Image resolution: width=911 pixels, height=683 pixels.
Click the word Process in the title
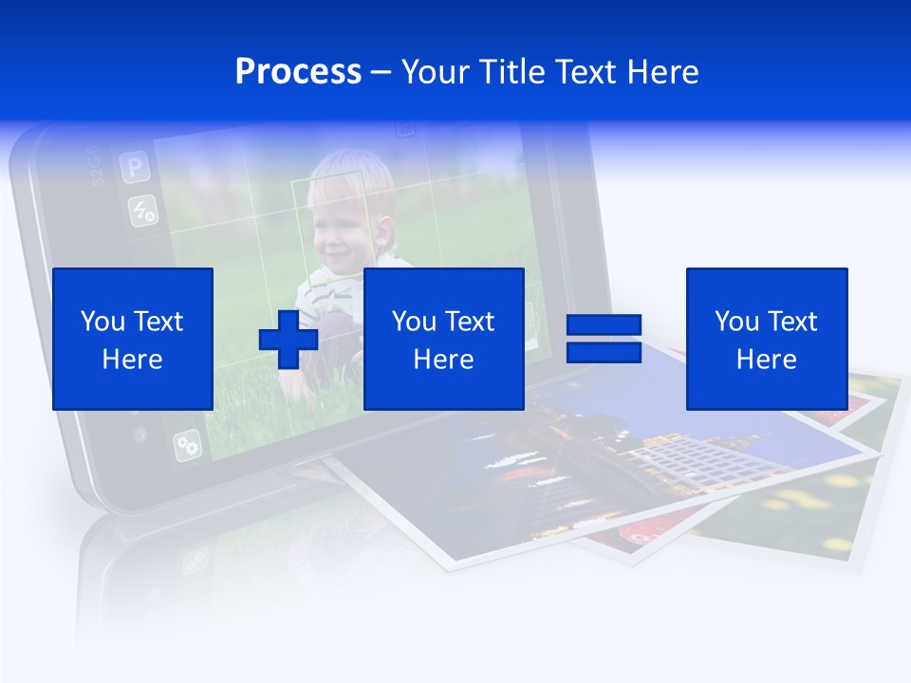click(298, 72)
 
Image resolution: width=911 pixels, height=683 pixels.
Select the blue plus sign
click(288, 339)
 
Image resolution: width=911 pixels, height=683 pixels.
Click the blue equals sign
click(604, 339)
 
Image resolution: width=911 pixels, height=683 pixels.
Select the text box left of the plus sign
click(133, 339)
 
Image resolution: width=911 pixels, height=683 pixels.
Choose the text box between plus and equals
click(443, 339)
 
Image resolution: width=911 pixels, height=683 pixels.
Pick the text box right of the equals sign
click(766, 339)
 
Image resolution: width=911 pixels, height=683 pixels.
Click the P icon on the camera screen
click(135, 169)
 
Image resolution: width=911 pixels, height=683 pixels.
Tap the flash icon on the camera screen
click(143, 211)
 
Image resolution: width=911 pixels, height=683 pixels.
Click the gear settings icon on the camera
click(187, 444)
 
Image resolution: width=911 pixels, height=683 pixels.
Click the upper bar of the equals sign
click(604, 325)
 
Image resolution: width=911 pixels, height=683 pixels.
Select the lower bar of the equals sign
click(604, 352)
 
